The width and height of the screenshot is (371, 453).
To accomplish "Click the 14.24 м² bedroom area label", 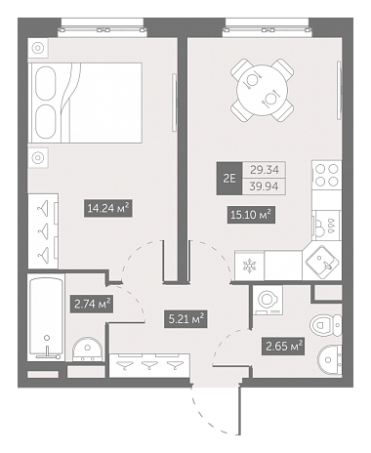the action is [108, 208].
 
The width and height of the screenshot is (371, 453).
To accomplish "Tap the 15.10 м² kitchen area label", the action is [251, 215].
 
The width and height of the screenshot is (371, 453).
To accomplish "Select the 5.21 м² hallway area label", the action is [185, 319].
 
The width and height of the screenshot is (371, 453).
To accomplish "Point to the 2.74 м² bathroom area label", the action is [92, 305].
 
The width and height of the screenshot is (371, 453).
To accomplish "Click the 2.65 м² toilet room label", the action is [283, 347].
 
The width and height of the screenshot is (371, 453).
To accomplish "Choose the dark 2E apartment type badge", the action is [229, 179].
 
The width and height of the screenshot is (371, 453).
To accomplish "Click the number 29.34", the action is [264, 170].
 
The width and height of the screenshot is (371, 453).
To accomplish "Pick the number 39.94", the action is [264, 186].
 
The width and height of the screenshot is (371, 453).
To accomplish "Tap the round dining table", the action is [263, 90].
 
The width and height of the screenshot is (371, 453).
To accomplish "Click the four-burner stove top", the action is [326, 175].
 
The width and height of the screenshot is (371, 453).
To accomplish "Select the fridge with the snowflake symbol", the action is [249, 266].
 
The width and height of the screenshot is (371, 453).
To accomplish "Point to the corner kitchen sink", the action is [322, 264].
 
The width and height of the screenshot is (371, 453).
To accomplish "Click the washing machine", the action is [268, 300].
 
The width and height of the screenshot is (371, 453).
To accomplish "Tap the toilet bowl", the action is [326, 325].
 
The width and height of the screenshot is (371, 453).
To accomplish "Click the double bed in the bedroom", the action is [85, 103].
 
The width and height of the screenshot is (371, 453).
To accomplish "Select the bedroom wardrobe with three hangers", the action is [43, 231].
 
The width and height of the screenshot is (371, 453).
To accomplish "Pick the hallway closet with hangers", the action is [149, 365].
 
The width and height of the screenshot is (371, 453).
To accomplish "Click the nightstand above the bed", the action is [38, 49].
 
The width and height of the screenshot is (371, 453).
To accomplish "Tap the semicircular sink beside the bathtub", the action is [88, 350].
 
